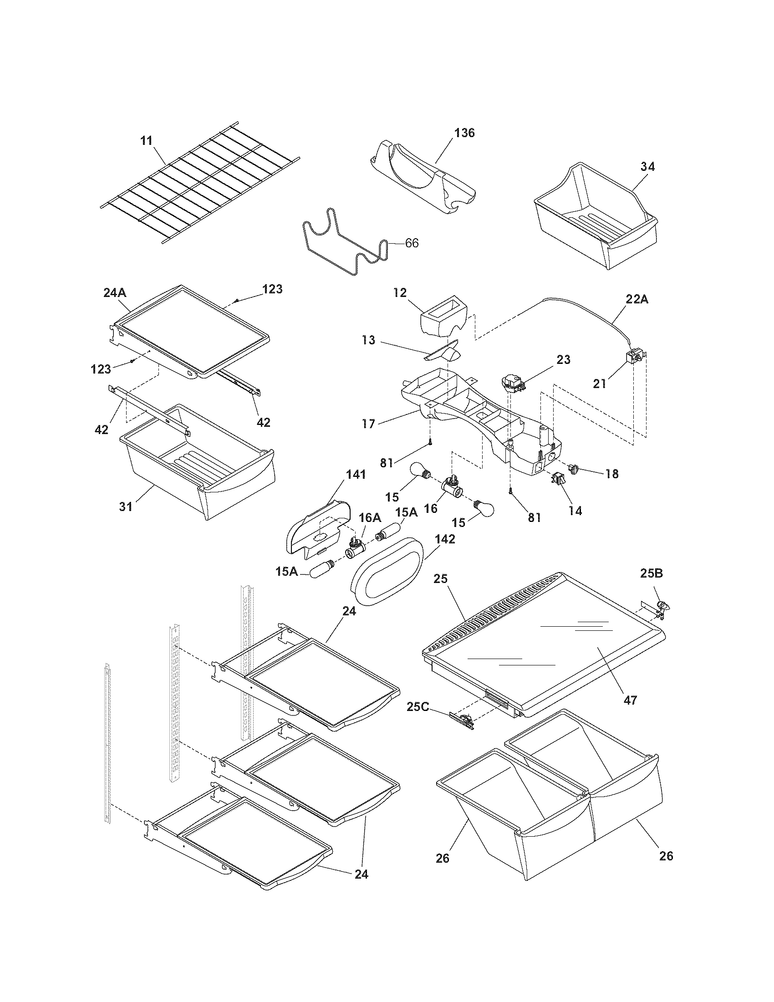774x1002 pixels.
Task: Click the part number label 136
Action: tap(464, 133)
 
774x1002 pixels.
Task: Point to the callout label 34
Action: tap(647, 167)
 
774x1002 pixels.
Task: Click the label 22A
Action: tap(637, 299)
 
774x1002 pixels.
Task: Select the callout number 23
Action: tap(563, 360)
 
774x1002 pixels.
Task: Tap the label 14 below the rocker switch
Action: tap(575, 511)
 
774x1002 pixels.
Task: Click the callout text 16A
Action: tap(370, 517)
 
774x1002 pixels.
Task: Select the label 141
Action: tap(356, 475)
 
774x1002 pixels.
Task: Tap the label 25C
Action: tap(417, 707)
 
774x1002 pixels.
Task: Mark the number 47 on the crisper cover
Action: tap(631, 713)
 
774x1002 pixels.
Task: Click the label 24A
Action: tap(115, 292)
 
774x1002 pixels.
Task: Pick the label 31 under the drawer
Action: tap(125, 506)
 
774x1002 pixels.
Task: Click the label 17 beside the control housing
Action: tap(368, 423)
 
